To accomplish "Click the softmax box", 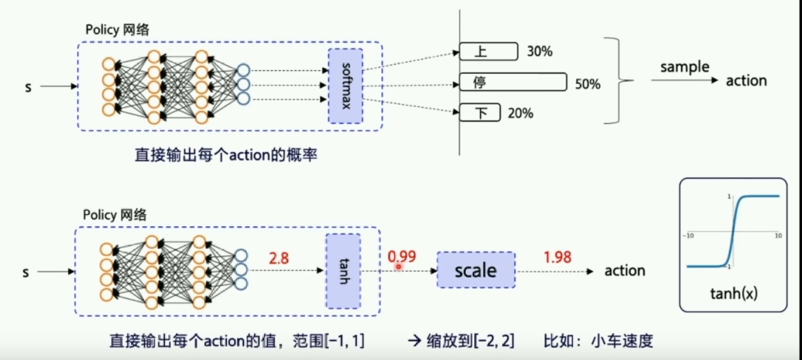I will [345, 86].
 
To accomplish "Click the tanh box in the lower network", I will [343, 271].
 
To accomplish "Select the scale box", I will [476, 270].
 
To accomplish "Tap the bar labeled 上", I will [488, 52].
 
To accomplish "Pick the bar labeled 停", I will [513, 82].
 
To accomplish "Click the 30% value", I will [540, 52].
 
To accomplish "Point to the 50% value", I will [587, 84].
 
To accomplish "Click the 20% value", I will [521, 113].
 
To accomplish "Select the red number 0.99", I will [402, 257].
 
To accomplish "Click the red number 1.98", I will [557, 257].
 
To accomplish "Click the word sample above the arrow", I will [685, 67].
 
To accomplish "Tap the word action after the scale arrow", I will [625, 270].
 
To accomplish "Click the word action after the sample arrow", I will [746, 81].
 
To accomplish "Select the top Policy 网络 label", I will [117, 30].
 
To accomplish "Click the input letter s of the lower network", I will [25, 272].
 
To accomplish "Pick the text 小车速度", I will [621, 340].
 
